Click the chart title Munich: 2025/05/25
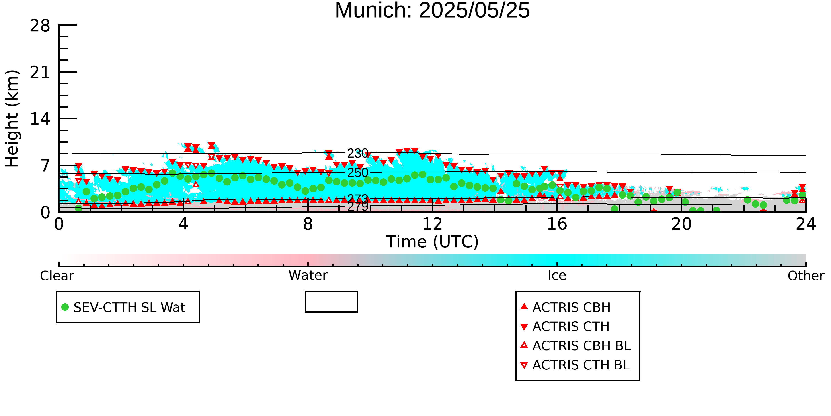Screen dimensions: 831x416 432,10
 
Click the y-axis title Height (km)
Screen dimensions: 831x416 12,118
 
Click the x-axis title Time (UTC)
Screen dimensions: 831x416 432,242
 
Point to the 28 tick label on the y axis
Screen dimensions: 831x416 40,26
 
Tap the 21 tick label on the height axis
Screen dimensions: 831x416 40,72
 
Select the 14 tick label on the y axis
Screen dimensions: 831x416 40,119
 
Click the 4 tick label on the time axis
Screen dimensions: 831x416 183,224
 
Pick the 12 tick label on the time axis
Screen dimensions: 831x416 432,224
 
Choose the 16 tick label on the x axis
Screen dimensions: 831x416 557,224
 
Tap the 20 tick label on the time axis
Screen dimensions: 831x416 681,224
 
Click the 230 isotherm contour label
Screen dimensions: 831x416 358,153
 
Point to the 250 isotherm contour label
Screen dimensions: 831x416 358,173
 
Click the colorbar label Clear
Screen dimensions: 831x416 57,276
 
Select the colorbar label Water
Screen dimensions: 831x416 308,276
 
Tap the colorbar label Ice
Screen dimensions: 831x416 557,276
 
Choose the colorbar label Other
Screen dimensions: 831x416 806,276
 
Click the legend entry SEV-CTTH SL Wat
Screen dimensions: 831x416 124,307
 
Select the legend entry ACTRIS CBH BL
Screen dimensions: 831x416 576,346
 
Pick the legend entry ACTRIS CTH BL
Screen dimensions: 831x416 575,365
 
